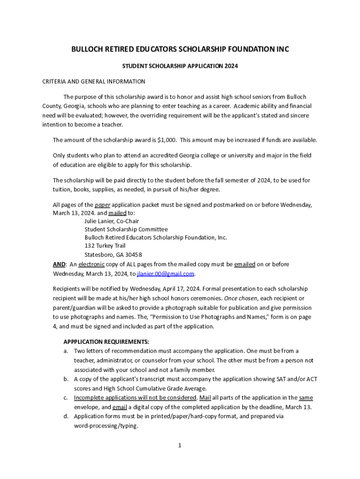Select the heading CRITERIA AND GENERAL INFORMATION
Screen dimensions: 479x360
point(94,81)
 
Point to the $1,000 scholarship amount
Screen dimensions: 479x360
point(166,140)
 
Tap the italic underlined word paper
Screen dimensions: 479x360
point(102,205)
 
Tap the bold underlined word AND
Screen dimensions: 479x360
point(59,264)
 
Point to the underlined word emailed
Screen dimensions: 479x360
point(245,264)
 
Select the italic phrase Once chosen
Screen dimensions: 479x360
point(240,298)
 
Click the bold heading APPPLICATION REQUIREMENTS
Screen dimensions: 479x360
point(106,341)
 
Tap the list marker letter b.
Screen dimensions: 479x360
point(66,379)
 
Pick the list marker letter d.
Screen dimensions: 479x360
point(66,416)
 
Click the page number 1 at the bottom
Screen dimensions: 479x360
point(180,445)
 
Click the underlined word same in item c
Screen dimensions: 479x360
point(306,398)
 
